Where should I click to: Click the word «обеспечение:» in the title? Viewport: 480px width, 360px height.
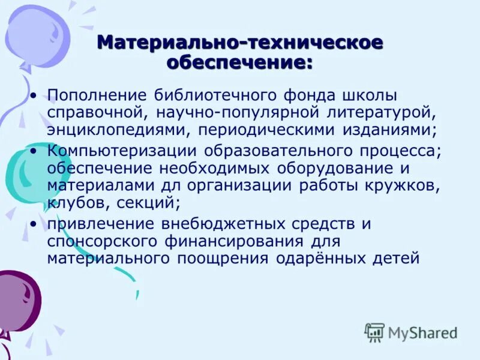pos(239,62)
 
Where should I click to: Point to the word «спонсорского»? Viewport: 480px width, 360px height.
pos(95,241)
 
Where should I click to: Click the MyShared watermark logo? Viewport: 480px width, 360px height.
pos(411,332)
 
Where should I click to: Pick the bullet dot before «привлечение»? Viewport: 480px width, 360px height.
pos(35,225)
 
